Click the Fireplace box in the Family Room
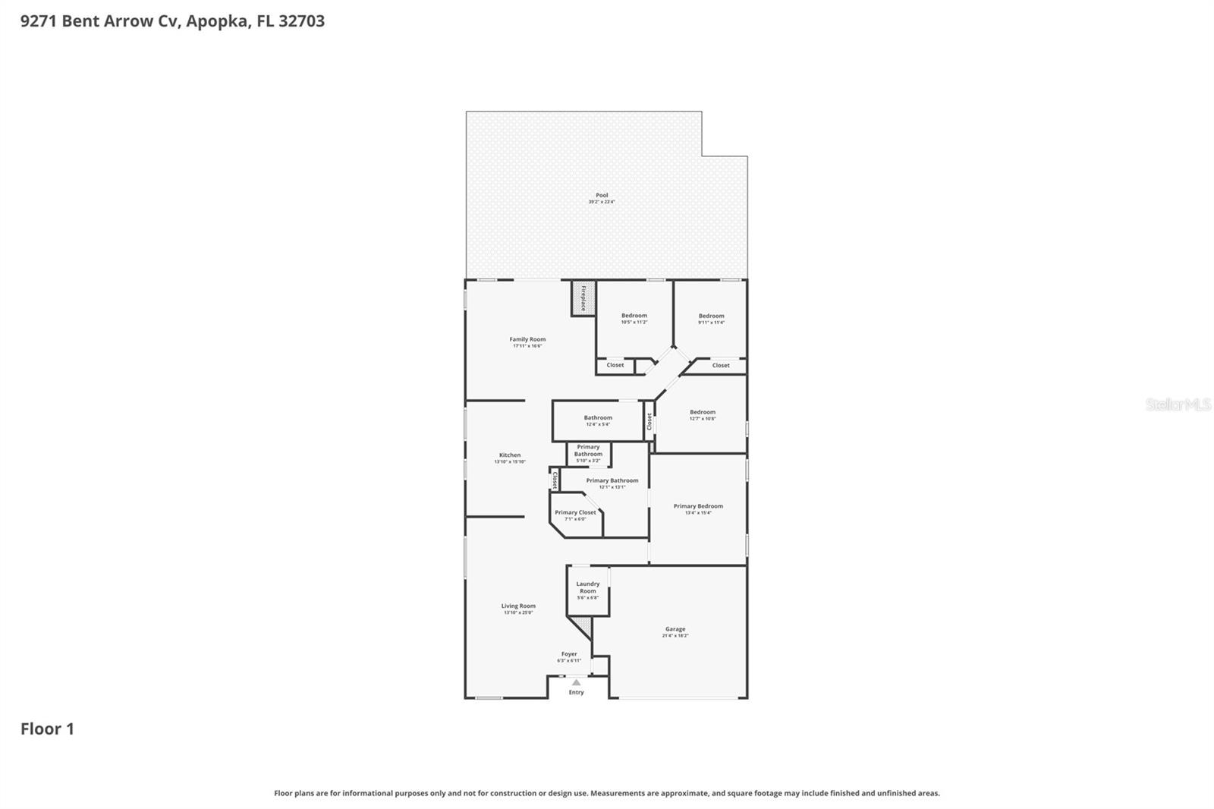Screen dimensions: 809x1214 [x=583, y=298]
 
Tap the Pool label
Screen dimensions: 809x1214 [x=602, y=196]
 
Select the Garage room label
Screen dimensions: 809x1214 [x=675, y=629]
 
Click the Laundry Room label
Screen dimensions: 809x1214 [x=588, y=587]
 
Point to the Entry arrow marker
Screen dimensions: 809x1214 [x=576, y=683]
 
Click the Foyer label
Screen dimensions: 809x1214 [x=569, y=654]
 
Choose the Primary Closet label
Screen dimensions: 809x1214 [x=575, y=513]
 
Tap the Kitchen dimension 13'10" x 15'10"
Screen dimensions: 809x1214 [x=510, y=461]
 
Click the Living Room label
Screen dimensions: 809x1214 [x=518, y=606]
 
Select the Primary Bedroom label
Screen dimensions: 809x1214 [x=698, y=506]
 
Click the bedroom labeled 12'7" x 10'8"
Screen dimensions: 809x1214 [x=702, y=415]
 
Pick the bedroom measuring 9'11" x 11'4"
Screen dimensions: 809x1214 [x=711, y=319]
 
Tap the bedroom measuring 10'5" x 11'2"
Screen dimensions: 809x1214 [x=634, y=319]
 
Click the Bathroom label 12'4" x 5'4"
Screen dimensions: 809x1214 [x=598, y=420]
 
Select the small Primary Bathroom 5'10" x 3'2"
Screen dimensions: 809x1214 [x=588, y=453]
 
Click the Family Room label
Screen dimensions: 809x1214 [x=527, y=340]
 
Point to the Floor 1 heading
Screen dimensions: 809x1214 [x=47, y=729]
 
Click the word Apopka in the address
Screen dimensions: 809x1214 [x=216, y=21]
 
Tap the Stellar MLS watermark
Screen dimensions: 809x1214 [x=1178, y=405]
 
